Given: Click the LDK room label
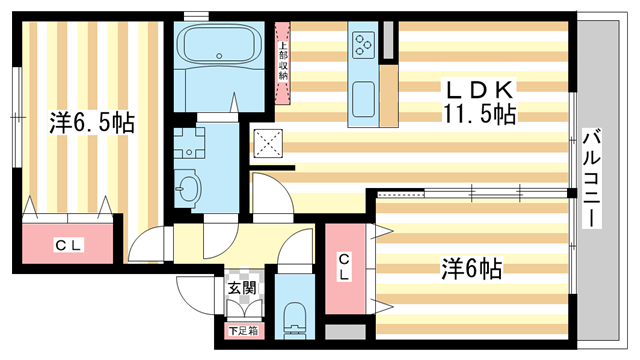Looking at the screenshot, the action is click(x=480, y=90).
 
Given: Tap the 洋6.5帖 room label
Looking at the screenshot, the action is click(x=92, y=122).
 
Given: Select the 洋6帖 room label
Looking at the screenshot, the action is click(x=471, y=268).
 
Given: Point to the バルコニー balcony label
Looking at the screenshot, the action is click(x=591, y=178).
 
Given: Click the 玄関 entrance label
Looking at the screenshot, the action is click(x=242, y=288).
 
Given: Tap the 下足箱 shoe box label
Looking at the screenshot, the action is click(x=243, y=331).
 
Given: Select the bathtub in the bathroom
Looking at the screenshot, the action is click(x=219, y=44).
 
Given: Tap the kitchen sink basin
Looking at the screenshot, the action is click(x=363, y=98).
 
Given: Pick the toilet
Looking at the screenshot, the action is click(x=295, y=320).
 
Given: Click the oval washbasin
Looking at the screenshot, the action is click(x=189, y=188).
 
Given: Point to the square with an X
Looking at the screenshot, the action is click(x=268, y=143).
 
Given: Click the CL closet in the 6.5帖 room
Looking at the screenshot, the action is click(x=68, y=243).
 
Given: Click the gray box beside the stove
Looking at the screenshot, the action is click(x=388, y=40).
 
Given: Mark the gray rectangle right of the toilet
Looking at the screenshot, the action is click(x=345, y=332).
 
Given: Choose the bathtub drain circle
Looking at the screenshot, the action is click(x=219, y=56).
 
